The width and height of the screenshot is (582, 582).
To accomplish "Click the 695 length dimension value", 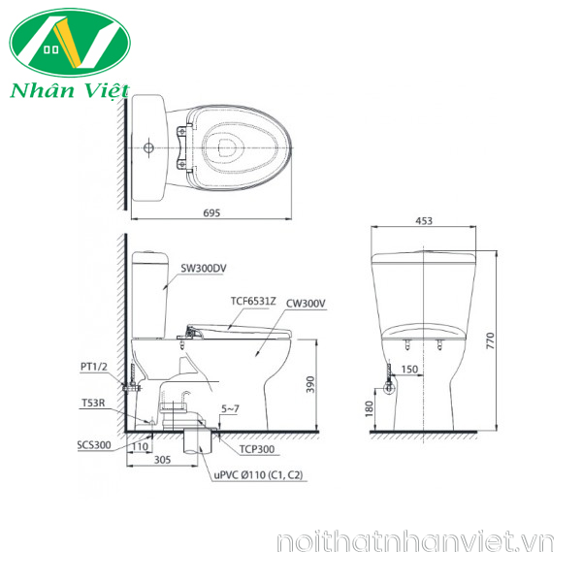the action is [211, 213].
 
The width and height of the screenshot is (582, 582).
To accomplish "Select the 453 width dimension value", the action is [424, 221].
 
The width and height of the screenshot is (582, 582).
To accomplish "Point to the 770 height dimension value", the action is [490, 340].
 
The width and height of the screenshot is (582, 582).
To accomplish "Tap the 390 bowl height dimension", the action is [310, 384].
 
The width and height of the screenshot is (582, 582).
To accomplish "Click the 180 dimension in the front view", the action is [369, 408].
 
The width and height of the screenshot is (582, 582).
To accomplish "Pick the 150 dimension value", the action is [409, 370].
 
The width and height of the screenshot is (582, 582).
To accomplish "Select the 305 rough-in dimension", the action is [162, 460].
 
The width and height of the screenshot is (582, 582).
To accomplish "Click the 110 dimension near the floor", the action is [140, 446].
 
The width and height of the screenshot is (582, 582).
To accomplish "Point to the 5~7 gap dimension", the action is [230, 408].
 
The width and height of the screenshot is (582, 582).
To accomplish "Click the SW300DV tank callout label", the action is [204, 268].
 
